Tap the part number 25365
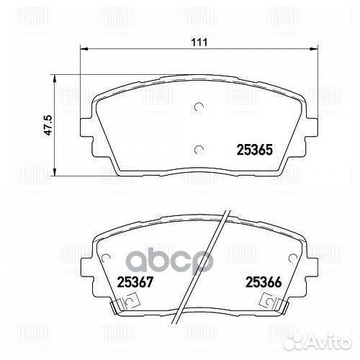click(253, 150)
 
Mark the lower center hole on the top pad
click(198, 149)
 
